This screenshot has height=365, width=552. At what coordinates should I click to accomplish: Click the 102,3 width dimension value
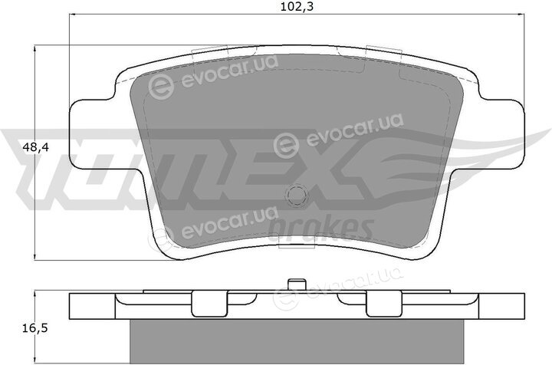(297, 7)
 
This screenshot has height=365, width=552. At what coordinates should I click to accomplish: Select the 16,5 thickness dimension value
(34, 329)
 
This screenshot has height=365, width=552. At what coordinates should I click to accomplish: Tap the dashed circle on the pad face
(297, 195)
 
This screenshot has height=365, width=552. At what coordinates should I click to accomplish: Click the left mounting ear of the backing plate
(92, 134)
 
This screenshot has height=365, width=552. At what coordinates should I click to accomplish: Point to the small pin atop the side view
(297, 284)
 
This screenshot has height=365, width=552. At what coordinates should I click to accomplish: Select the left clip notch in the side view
(209, 304)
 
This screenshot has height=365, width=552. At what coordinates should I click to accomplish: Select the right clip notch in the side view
(384, 304)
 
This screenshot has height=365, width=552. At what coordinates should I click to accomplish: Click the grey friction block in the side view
(297, 341)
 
